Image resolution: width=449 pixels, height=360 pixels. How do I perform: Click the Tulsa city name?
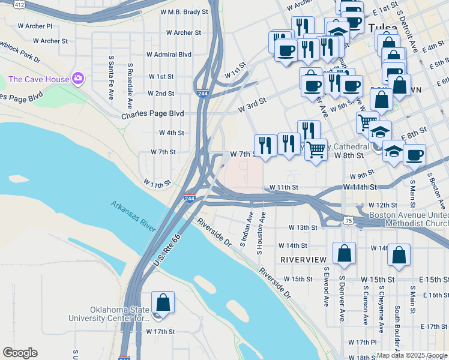tap(382, 28)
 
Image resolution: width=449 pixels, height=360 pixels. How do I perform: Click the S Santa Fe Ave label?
tap(111, 70)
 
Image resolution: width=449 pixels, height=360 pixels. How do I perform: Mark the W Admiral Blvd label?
tap(169, 55)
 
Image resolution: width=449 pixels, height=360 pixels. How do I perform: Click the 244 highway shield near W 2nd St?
tap(202, 92)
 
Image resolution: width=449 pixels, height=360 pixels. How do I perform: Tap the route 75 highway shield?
tap(349, 221)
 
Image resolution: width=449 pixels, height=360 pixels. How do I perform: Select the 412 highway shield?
tap(19, 4)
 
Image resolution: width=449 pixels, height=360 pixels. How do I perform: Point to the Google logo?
tap(20, 353)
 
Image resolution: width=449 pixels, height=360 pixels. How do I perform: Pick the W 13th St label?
tap(302, 228)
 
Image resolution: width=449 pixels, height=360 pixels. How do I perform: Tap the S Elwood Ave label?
tap(326, 287)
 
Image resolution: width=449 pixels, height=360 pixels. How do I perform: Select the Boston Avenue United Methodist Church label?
tap(408, 219)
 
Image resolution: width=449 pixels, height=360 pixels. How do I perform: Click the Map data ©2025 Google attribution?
tap(412, 355)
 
